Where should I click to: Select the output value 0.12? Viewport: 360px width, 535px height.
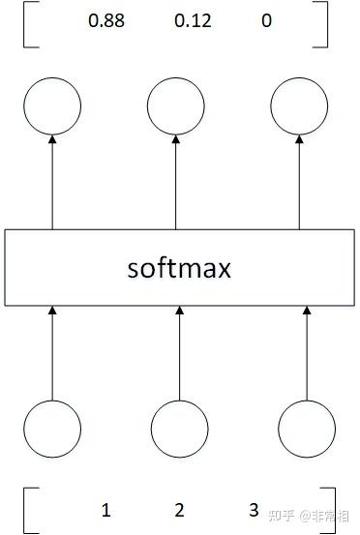[192, 20]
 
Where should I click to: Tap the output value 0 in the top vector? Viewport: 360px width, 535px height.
[266, 20]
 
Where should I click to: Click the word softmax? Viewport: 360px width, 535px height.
[180, 267]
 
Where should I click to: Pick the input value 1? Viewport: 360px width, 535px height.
[105, 510]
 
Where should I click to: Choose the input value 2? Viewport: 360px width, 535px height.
[179, 510]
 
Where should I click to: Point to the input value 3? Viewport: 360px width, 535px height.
[254, 510]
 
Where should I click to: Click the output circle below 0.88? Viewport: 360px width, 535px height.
[51, 105]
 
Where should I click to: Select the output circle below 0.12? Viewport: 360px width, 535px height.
[176, 105]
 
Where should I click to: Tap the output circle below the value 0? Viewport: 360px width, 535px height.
[300, 105]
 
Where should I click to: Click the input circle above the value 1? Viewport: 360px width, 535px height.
[52, 430]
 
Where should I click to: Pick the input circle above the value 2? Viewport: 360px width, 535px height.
[179, 430]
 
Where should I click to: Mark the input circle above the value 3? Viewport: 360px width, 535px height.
[307, 430]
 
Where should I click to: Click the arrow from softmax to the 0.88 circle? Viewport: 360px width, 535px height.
[51, 183]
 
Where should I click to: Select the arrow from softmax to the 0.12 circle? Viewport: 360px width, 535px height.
[176, 183]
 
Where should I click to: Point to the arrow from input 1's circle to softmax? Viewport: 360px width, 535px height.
[52, 353]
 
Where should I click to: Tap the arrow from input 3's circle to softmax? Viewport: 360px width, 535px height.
[307, 353]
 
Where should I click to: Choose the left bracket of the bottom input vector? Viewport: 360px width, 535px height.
[27, 510]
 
